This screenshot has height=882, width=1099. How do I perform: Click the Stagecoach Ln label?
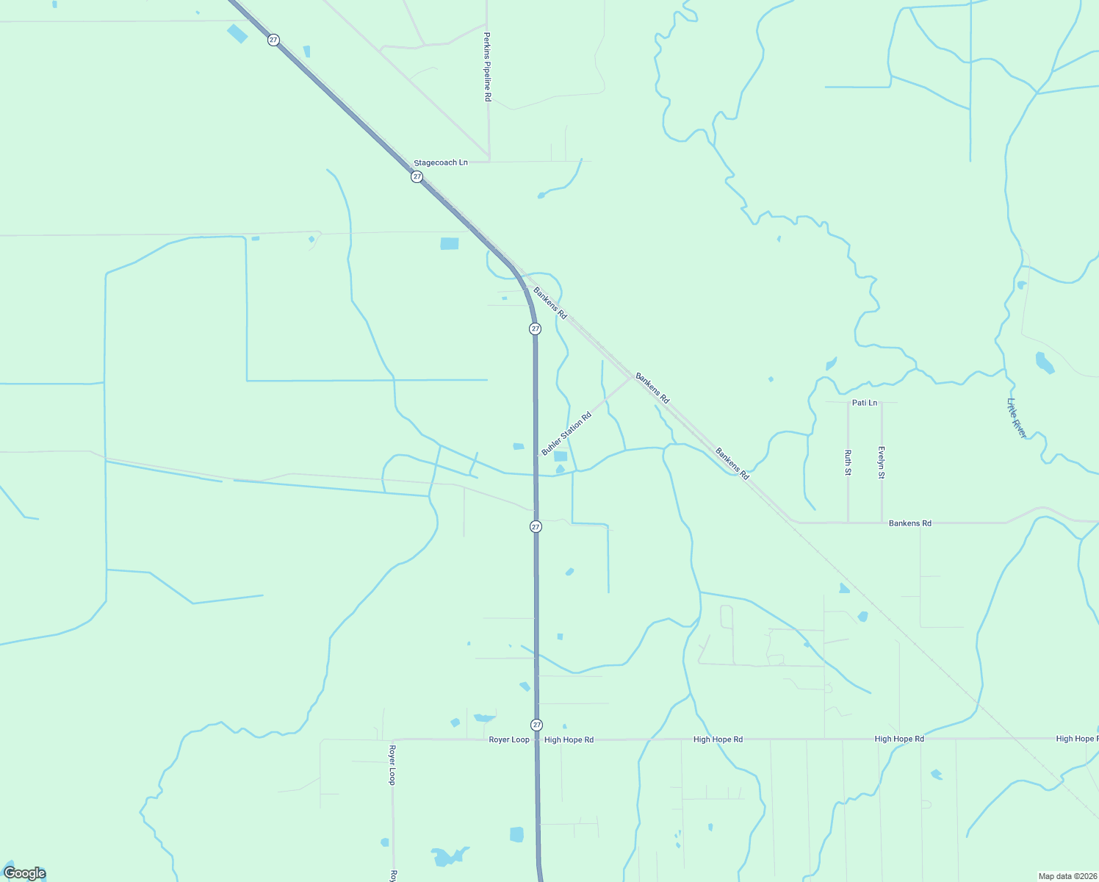[x=441, y=162]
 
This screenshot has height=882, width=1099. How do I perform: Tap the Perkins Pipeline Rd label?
[x=487, y=66]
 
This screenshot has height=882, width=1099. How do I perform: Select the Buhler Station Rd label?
[x=566, y=434]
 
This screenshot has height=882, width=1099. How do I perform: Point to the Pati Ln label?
[x=865, y=403]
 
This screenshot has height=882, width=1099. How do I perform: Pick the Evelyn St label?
[x=882, y=462]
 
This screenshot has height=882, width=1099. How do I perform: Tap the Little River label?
[x=1017, y=418]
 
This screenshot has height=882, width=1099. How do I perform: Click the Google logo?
[x=25, y=873]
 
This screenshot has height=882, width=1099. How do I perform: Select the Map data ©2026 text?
[x=1067, y=876]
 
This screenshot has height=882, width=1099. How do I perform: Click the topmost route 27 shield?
[x=273, y=40]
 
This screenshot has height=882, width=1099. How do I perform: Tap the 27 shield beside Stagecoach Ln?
[x=417, y=176]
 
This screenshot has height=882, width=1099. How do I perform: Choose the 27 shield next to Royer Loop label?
[x=537, y=725]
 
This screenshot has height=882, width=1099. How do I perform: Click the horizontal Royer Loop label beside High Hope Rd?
[x=509, y=739]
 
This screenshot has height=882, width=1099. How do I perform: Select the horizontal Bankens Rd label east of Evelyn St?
[x=909, y=523]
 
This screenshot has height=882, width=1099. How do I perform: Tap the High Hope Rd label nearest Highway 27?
[x=569, y=740]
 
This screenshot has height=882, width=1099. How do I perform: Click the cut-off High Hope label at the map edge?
[x=1076, y=739]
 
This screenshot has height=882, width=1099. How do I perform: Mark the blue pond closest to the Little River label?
[x=1044, y=362]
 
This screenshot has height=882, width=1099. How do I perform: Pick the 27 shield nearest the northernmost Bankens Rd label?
[x=535, y=329]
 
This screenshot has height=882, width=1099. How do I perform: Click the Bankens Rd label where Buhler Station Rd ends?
[x=652, y=388]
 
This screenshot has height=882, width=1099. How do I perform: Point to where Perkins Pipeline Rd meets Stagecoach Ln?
[x=489, y=160]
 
